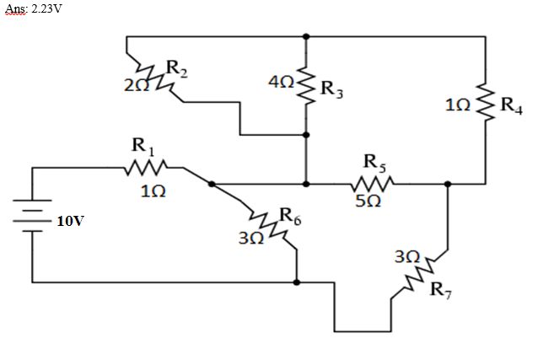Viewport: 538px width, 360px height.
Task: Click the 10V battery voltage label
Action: click(71, 222)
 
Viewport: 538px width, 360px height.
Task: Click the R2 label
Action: click(176, 67)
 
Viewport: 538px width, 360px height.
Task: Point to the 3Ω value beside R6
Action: click(251, 239)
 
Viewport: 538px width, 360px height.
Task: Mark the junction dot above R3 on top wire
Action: click(306, 36)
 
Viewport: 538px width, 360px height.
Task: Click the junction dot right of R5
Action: click(448, 183)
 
